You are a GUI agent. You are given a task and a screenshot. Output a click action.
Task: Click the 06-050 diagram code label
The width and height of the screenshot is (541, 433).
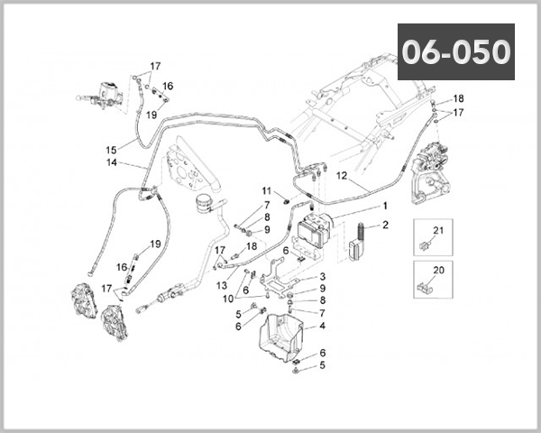click(x=456, y=52)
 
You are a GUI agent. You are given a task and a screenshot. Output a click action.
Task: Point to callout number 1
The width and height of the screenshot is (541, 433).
click(x=384, y=207)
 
